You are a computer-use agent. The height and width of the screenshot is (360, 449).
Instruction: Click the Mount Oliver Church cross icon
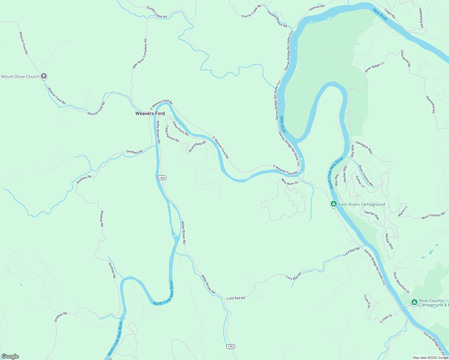click(44, 76)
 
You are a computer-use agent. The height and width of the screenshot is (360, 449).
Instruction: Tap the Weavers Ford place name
click(150, 113)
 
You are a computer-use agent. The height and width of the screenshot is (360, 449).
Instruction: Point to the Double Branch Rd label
click(277, 19)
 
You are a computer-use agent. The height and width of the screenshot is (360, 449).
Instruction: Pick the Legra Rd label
click(390, 13)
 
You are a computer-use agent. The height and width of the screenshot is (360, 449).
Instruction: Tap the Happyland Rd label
click(421, 18)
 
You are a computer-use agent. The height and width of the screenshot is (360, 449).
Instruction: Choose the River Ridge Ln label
click(374, 67)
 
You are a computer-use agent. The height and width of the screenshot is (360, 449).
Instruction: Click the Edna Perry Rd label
click(180, 128)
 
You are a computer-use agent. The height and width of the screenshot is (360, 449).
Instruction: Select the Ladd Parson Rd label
click(172, 134)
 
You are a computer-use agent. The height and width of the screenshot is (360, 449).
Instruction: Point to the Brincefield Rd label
click(197, 146)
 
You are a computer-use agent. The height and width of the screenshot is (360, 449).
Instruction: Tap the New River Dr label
click(290, 182)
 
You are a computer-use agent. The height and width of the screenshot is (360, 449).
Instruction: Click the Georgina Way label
click(364, 147)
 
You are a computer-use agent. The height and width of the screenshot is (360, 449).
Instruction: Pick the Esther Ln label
click(360, 182)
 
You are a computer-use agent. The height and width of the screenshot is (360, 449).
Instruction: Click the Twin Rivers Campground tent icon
click(333, 204)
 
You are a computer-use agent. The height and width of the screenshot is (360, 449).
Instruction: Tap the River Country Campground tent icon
click(414, 302)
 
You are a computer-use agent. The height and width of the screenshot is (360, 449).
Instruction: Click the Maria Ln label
click(403, 211)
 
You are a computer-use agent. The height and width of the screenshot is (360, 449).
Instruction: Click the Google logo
click(10, 356)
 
